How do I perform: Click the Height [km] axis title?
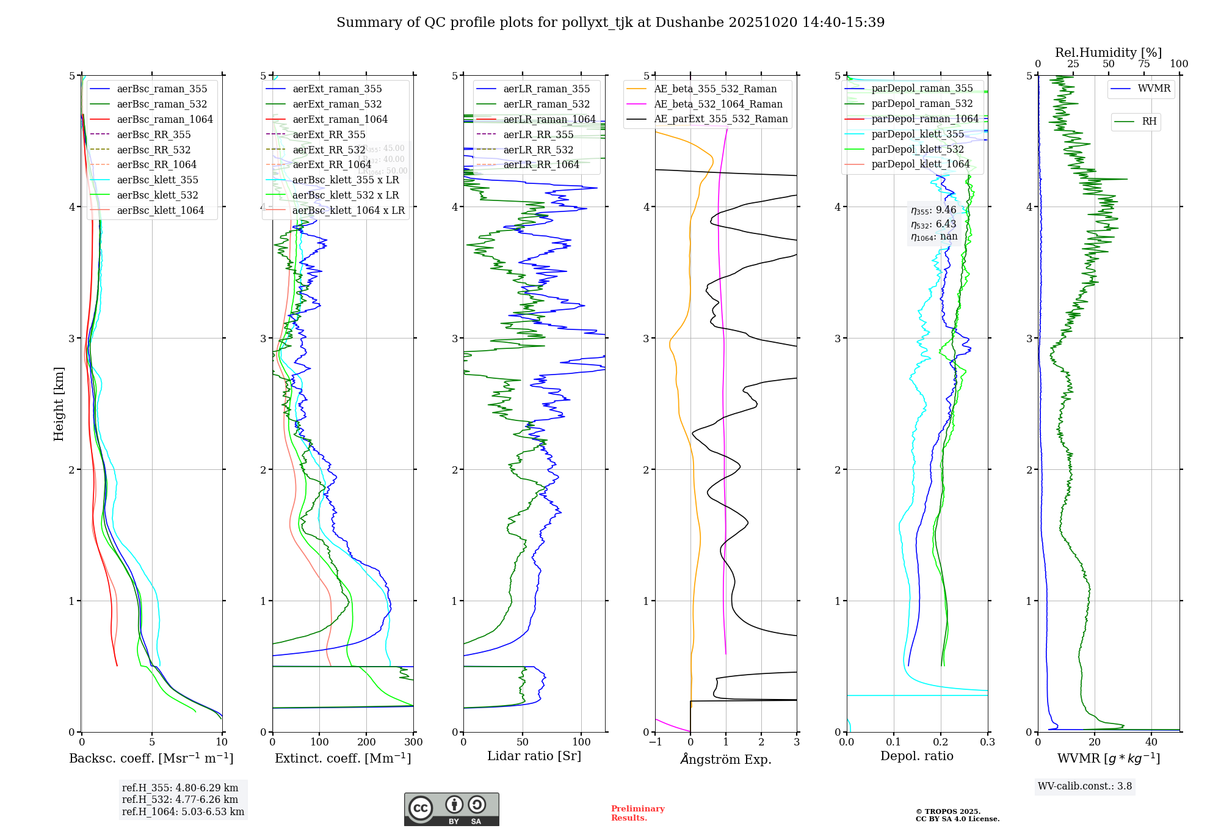pyautogui.click(x=59, y=404)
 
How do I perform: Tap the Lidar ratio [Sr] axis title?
pyautogui.click(x=534, y=756)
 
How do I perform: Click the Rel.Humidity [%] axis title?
pyautogui.click(x=1108, y=53)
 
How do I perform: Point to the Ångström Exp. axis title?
pyautogui.click(x=726, y=759)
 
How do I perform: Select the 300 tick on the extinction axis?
pyautogui.click(x=414, y=742)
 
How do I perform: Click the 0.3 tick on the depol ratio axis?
pyautogui.click(x=988, y=742)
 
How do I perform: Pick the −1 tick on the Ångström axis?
pyautogui.click(x=655, y=742)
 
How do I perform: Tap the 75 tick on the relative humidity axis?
pyautogui.click(x=1144, y=64)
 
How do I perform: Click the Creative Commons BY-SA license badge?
pyautogui.click(x=451, y=810)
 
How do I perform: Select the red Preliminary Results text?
pyautogui.click(x=638, y=813)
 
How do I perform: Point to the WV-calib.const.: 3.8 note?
pyautogui.click(x=1085, y=786)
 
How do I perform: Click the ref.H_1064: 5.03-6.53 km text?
pyautogui.click(x=183, y=812)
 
